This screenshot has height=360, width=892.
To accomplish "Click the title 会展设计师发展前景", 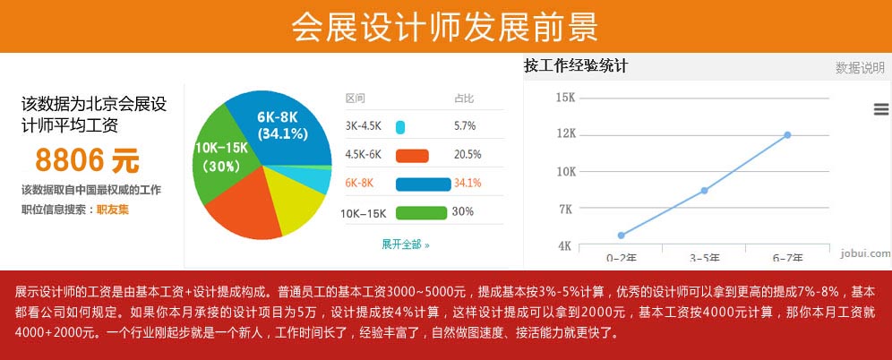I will (445, 27).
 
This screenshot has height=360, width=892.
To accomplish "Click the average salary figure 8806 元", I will (88, 160).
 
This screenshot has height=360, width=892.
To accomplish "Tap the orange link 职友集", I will (113, 210).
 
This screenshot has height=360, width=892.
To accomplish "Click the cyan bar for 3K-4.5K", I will (400, 127).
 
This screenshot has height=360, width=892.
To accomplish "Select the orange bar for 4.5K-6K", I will (412, 155).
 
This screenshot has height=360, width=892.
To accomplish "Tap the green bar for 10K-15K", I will (421, 212).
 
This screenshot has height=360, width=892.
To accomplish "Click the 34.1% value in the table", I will (467, 184).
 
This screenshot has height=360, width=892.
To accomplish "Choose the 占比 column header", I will (464, 99).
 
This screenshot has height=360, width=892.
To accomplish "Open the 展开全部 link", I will (406, 244).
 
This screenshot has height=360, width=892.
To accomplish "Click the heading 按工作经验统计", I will (576, 66).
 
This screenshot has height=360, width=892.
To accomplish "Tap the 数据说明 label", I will (860, 68).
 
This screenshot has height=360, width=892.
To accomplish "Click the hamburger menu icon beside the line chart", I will (880, 109).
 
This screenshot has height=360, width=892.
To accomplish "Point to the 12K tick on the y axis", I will (566, 134).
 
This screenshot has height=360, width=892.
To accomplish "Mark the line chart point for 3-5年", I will (705, 191).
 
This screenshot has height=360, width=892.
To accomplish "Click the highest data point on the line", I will (787, 135).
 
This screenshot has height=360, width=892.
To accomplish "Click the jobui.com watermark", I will (864, 253).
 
